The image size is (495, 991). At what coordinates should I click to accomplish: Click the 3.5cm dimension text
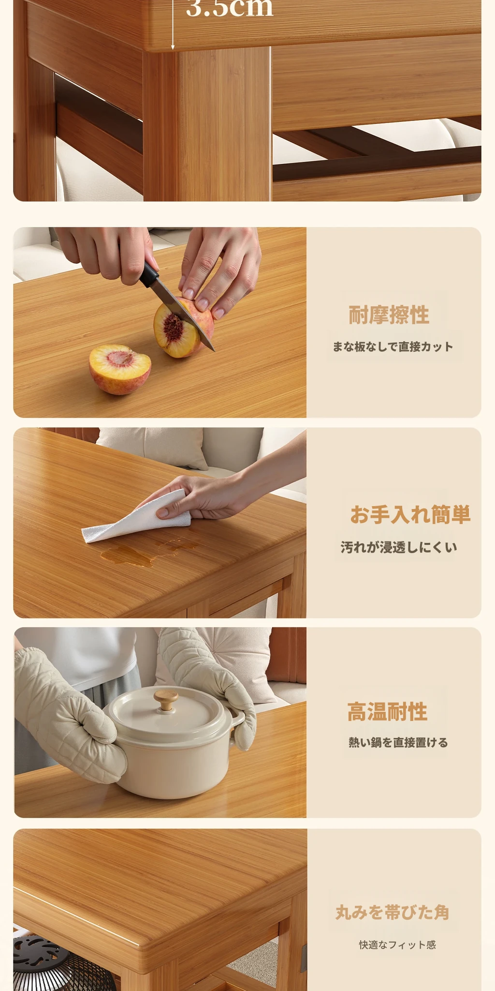(230, 8)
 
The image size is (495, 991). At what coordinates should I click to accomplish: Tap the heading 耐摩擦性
(389, 315)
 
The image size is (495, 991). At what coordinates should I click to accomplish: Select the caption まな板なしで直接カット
(393, 346)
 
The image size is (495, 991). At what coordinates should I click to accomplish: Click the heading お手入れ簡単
(410, 514)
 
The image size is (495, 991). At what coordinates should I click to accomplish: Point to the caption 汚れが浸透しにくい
(399, 547)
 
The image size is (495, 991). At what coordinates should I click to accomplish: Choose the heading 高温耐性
(387, 712)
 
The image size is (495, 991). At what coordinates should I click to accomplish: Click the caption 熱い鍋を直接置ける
(398, 742)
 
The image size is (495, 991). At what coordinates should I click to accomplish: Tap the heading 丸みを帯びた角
(393, 912)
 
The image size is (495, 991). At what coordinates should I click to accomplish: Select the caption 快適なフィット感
(397, 945)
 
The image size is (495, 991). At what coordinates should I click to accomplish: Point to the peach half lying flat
(120, 369)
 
